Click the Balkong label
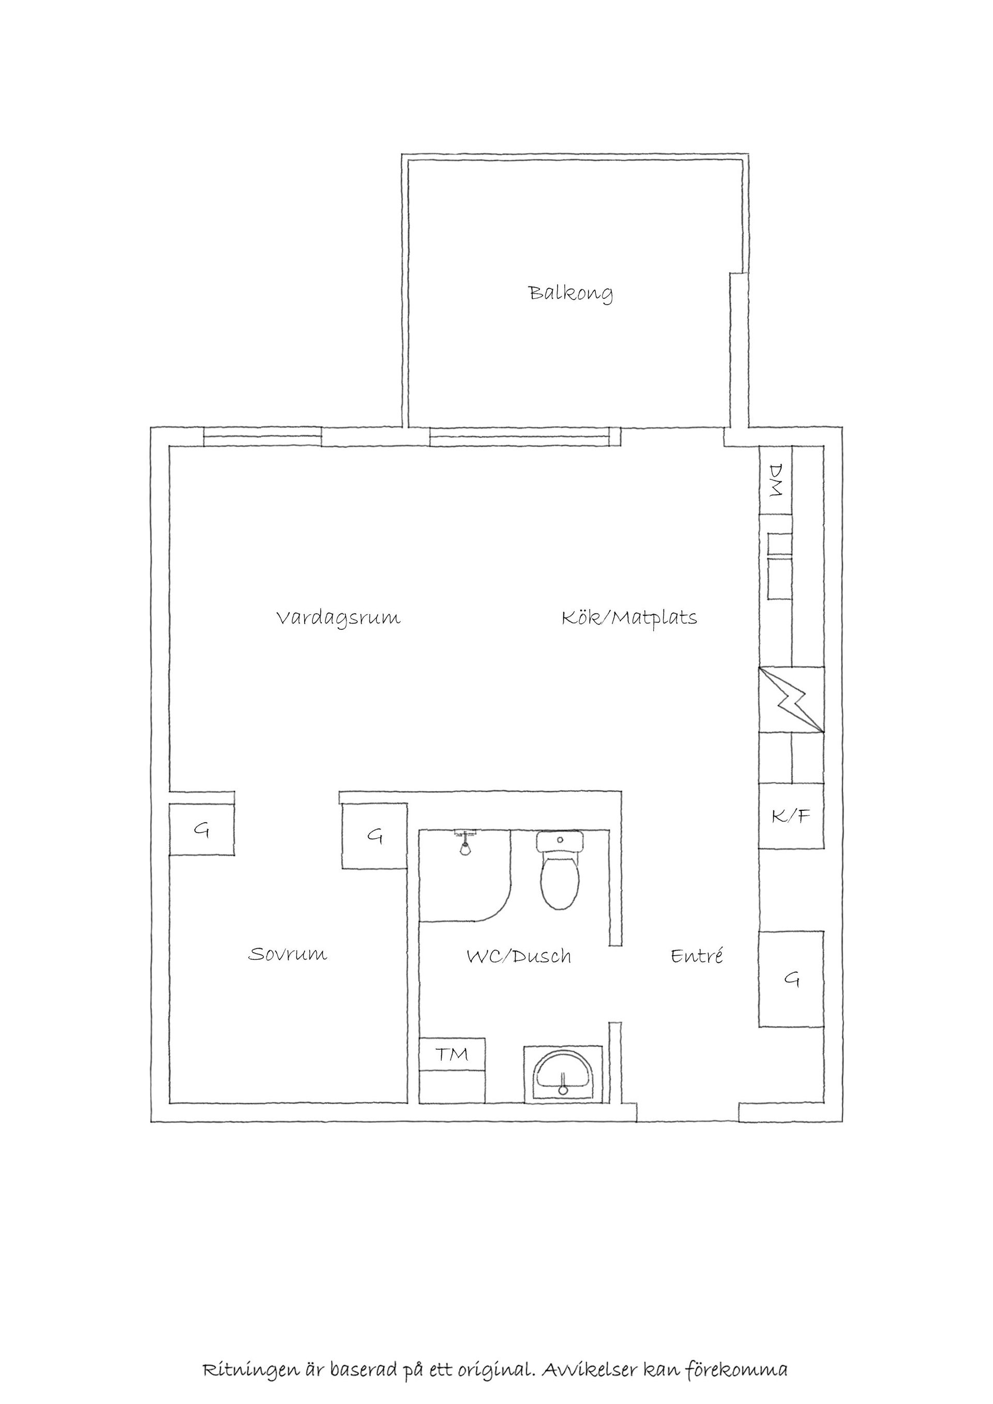[570, 294]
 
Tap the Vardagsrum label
[338, 617]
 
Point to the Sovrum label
[288, 955]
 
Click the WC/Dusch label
[519, 956]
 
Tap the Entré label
[697, 956]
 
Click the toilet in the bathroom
[560, 872]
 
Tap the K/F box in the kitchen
[791, 817]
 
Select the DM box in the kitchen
[775, 480]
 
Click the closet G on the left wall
[201, 831]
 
